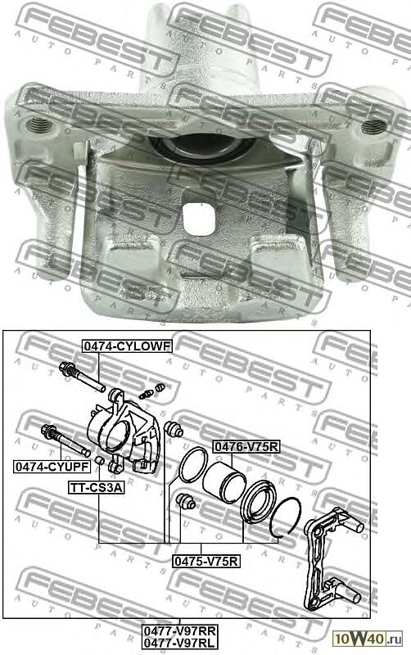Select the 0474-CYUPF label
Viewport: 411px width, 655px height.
[51, 467]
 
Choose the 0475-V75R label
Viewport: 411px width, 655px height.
[205, 561]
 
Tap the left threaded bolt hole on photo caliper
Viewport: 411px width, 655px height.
[38, 126]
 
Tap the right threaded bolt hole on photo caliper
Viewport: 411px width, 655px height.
[373, 126]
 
